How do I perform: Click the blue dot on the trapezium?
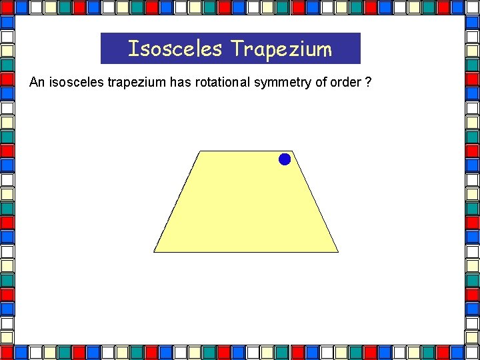(x=285, y=159)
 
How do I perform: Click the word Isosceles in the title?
(x=174, y=49)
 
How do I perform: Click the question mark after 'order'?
(x=369, y=83)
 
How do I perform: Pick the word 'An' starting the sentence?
(x=37, y=83)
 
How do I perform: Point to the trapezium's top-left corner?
(x=200, y=151)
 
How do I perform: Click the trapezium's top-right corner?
(x=292, y=151)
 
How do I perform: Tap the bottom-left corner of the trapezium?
(x=154, y=251)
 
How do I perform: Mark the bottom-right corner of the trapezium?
(x=338, y=251)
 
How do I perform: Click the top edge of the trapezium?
(x=246, y=151)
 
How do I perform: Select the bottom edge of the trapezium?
(x=246, y=251)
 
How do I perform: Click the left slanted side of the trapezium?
(x=177, y=201)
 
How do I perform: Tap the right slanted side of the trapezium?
(x=315, y=201)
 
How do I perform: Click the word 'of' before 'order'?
(x=322, y=83)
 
